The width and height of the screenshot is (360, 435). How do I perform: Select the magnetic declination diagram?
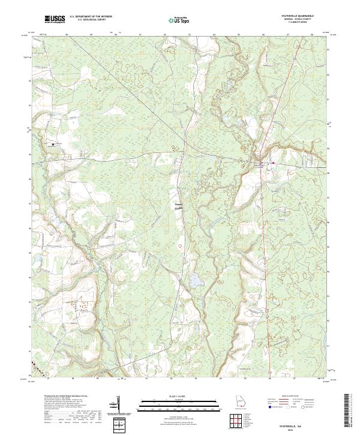pyautogui.click(x=120, y=406)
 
